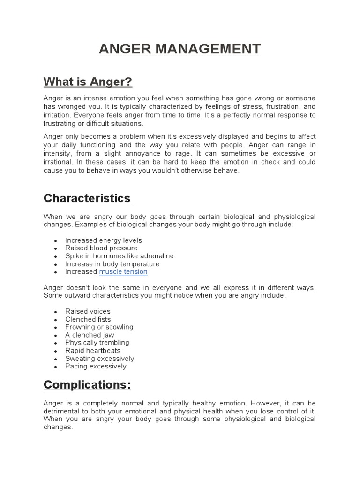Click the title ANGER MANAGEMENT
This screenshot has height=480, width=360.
click(x=180, y=49)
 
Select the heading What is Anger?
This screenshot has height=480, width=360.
click(x=88, y=82)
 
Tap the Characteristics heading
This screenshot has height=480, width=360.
click(x=87, y=198)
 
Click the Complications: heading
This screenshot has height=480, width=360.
click(x=87, y=385)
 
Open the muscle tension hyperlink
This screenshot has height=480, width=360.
click(x=123, y=272)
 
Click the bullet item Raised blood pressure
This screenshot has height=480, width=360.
click(x=101, y=248)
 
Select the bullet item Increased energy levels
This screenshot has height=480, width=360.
click(x=104, y=240)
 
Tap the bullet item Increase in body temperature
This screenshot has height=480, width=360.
click(x=112, y=264)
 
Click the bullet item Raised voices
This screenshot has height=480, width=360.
click(x=88, y=311)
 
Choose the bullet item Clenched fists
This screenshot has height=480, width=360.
click(x=88, y=319)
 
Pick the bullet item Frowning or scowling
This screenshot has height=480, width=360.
click(x=99, y=327)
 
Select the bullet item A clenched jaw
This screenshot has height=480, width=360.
click(x=90, y=335)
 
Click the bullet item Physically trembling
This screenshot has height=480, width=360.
click(x=97, y=343)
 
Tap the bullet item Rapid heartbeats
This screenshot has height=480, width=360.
click(x=93, y=351)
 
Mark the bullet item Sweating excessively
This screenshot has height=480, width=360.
click(x=99, y=359)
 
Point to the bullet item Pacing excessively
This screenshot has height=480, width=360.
click(x=96, y=366)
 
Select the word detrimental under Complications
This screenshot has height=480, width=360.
click(x=62, y=411)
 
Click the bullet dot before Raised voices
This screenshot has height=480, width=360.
click(x=56, y=312)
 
